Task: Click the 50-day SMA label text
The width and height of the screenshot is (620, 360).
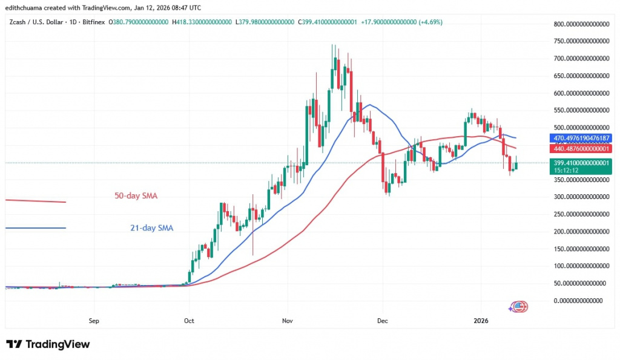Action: [140, 196]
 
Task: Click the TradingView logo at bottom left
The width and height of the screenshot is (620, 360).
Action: [48, 344]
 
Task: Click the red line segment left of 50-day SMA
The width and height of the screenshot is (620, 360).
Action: [35, 201]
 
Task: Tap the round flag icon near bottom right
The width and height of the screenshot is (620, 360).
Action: [519, 307]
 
